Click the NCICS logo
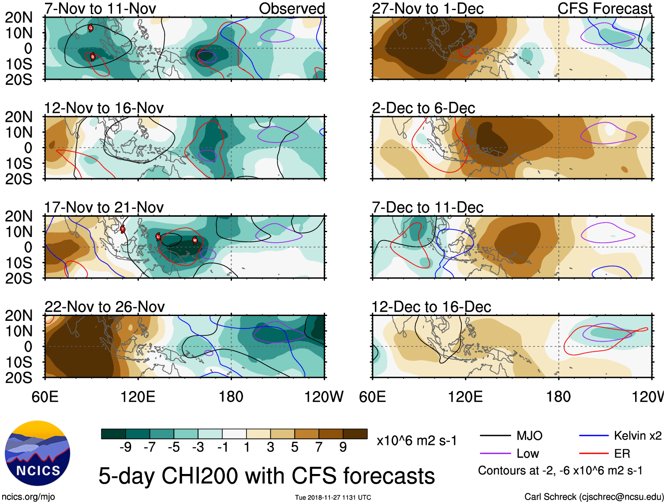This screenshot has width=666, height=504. click(x=37, y=453)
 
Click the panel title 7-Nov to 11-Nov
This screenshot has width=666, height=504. click(x=100, y=8)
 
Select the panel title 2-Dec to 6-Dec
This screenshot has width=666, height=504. click(x=423, y=108)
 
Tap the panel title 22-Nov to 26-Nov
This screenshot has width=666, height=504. click(x=105, y=307)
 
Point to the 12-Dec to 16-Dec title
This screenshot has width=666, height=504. click(x=431, y=307)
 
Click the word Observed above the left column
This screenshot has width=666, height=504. click(x=292, y=8)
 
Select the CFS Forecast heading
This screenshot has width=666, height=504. click(x=605, y=8)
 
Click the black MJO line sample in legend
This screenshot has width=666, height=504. click(x=495, y=436)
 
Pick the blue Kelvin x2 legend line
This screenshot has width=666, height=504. click(x=594, y=436)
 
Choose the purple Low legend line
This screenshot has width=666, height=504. click(x=495, y=454)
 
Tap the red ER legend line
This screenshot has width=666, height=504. click(x=594, y=454)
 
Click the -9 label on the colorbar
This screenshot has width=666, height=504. click(x=125, y=448)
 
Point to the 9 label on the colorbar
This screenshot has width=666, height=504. click(x=343, y=448)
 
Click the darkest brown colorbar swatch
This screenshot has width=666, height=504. click(x=355, y=434)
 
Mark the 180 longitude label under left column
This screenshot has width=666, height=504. click(x=231, y=397)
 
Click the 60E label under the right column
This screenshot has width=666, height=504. click(x=373, y=397)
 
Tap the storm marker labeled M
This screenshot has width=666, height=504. click(x=195, y=240)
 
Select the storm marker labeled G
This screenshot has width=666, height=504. click(x=90, y=28)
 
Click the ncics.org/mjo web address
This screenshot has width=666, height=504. click(x=28, y=497)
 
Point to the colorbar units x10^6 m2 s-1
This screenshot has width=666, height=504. click(x=417, y=440)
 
